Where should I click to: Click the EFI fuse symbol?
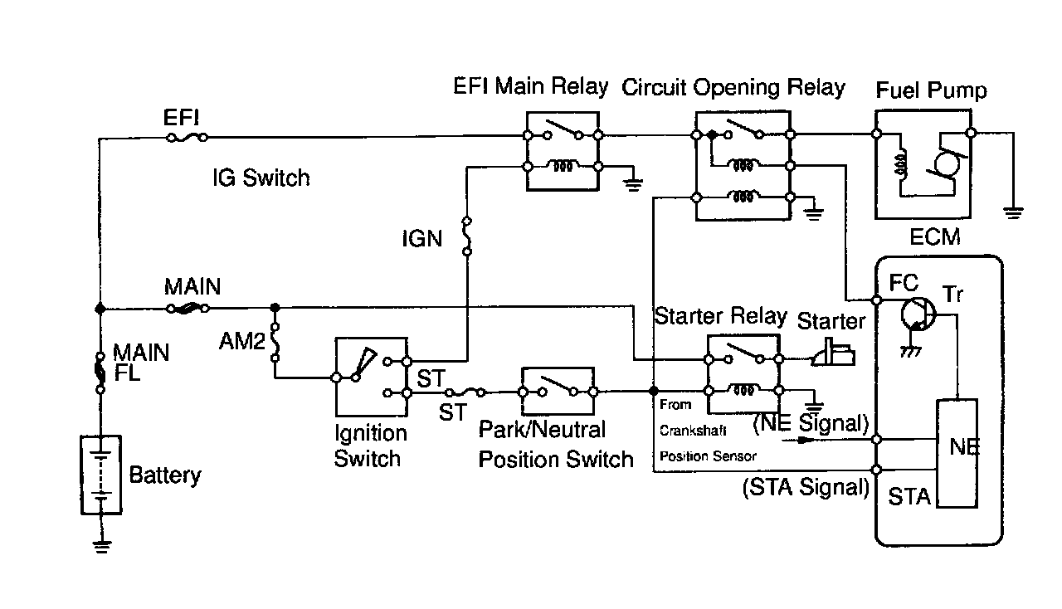pyautogui.click(x=188, y=138)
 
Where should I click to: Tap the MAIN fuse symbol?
pyautogui.click(x=188, y=309)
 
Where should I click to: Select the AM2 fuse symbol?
pyautogui.click(x=275, y=342)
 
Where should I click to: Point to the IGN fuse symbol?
pyautogui.click(x=467, y=236)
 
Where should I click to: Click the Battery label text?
pyautogui.click(x=165, y=475)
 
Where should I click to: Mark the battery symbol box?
pyautogui.click(x=101, y=475)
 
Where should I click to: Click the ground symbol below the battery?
pyautogui.click(x=102, y=547)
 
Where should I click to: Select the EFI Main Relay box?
pyautogui.click(x=563, y=151)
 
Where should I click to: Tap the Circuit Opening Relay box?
pyautogui.click(x=743, y=166)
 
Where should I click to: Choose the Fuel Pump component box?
pyautogui.click(x=923, y=164)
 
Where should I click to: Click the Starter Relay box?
pyautogui.click(x=743, y=373)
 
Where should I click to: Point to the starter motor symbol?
pyautogui.click(x=833, y=352)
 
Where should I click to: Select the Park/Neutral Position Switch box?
pyautogui.click(x=558, y=392)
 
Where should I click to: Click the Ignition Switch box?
pyautogui.click(x=371, y=377)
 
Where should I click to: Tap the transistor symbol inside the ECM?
pyautogui.click(x=918, y=314)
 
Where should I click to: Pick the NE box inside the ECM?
pyautogui.click(x=957, y=453)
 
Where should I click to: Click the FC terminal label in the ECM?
pyautogui.click(x=904, y=283)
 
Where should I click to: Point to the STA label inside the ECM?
pyautogui.click(x=909, y=497)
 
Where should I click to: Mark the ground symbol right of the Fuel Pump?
pyautogui.click(x=1014, y=212)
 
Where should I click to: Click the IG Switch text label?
pyautogui.click(x=261, y=178)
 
